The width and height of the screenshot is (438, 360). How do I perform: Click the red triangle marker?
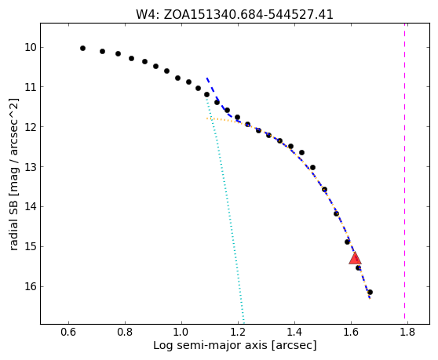click(355, 258)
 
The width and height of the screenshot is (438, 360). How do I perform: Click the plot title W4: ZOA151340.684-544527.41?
click(235, 14)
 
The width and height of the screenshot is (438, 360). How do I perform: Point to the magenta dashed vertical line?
click(404, 173)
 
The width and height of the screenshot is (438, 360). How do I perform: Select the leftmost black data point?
click(82, 49)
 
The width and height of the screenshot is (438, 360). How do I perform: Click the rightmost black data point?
click(370, 293)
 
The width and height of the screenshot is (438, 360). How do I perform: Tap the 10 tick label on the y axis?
click(31, 47)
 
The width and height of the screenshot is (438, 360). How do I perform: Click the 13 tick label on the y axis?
click(31, 167)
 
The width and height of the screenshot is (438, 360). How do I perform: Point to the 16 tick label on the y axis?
click(31, 286)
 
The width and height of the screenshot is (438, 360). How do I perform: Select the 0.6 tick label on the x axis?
click(68, 333)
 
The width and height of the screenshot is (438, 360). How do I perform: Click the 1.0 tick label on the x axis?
click(181, 333)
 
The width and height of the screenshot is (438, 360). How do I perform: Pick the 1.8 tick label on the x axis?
click(407, 333)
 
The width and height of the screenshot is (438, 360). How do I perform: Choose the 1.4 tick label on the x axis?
click(294, 333)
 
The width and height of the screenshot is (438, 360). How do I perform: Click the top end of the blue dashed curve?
click(206, 78)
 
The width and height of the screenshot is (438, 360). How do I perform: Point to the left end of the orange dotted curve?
click(206, 118)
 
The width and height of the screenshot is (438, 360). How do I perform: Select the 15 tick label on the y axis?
click(31, 247)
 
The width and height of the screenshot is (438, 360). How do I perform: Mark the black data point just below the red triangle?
click(359, 268)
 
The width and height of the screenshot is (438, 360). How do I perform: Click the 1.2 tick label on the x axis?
click(238, 333)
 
